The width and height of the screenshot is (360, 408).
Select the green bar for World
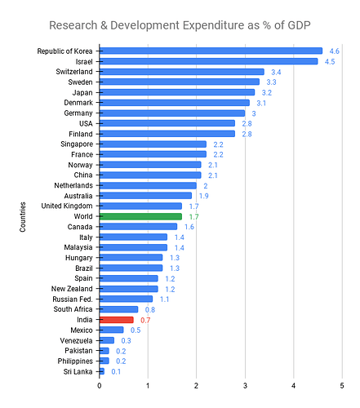pyautogui.click(x=140, y=216)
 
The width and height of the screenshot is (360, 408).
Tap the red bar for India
pyautogui.click(x=116, y=320)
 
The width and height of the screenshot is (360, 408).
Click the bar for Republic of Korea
pyautogui.click(x=211, y=51)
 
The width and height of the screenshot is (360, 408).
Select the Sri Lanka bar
pyautogui.click(x=102, y=371)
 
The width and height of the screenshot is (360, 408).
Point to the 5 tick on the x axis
pyautogui.click(x=341, y=387)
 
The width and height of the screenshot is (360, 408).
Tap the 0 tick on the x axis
pyautogui.click(x=100, y=387)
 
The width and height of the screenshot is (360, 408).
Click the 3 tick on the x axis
pyautogui.click(x=245, y=387)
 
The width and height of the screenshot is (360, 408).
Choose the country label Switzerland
pyautogui.click(x=69, y=72)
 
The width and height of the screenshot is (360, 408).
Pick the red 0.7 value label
pyautogui.click(x=147, y=320)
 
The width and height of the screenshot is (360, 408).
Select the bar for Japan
pyautogui.click(x=177, y=92)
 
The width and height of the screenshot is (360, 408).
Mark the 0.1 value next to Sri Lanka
pyautogui.click(x=117, y=371)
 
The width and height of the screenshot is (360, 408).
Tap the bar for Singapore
pyautogui.click(x=153, y=144)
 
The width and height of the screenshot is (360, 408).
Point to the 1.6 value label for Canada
pyautogui.click(x=189, y=227)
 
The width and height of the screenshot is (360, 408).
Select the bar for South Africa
pyautogui.click(x=118, y=309)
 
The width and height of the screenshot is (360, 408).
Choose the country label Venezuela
pyautogui.click(x=73, y=340)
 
